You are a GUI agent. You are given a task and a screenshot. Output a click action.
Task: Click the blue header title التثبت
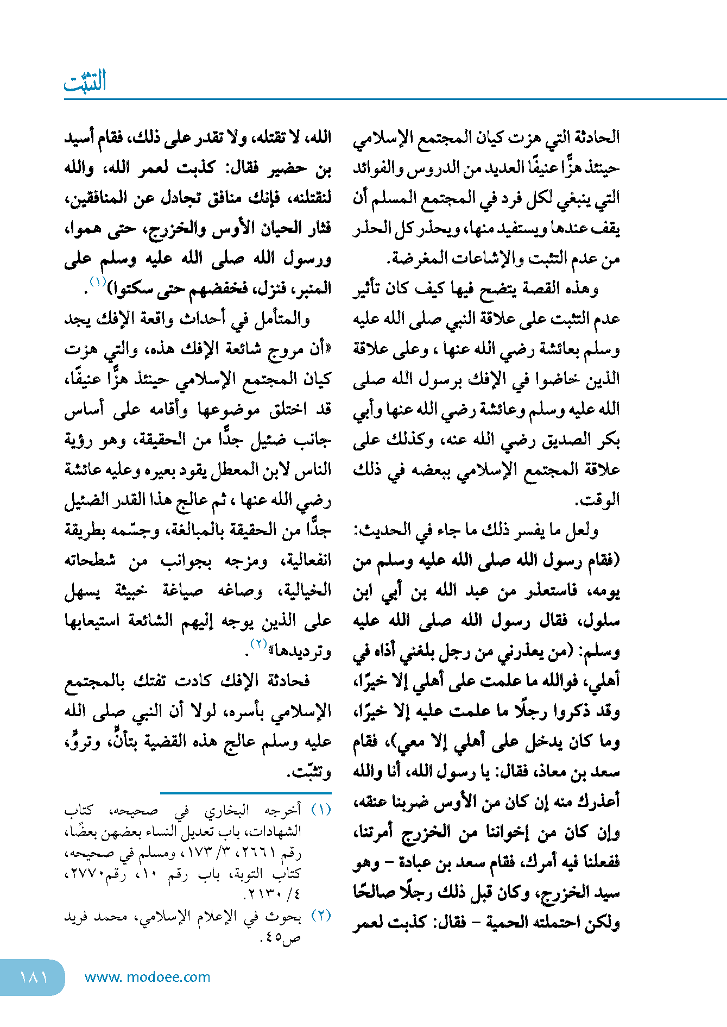85,82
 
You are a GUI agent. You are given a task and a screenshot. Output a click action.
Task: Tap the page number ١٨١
34,977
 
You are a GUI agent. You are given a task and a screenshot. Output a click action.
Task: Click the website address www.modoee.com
147,977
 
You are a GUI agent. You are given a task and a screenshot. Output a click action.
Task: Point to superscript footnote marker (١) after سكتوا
98,281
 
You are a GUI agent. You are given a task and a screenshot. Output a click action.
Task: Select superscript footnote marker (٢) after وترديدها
258,644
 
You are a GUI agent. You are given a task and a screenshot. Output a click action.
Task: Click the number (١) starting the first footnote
321,810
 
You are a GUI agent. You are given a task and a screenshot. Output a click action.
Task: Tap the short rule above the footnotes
245,794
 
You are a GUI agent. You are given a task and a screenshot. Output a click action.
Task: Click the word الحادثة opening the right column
598,137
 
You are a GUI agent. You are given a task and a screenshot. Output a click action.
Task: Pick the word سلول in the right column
602,621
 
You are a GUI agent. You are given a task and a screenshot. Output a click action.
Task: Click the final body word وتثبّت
312,772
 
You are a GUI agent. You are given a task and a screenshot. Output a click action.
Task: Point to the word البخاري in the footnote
227,810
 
